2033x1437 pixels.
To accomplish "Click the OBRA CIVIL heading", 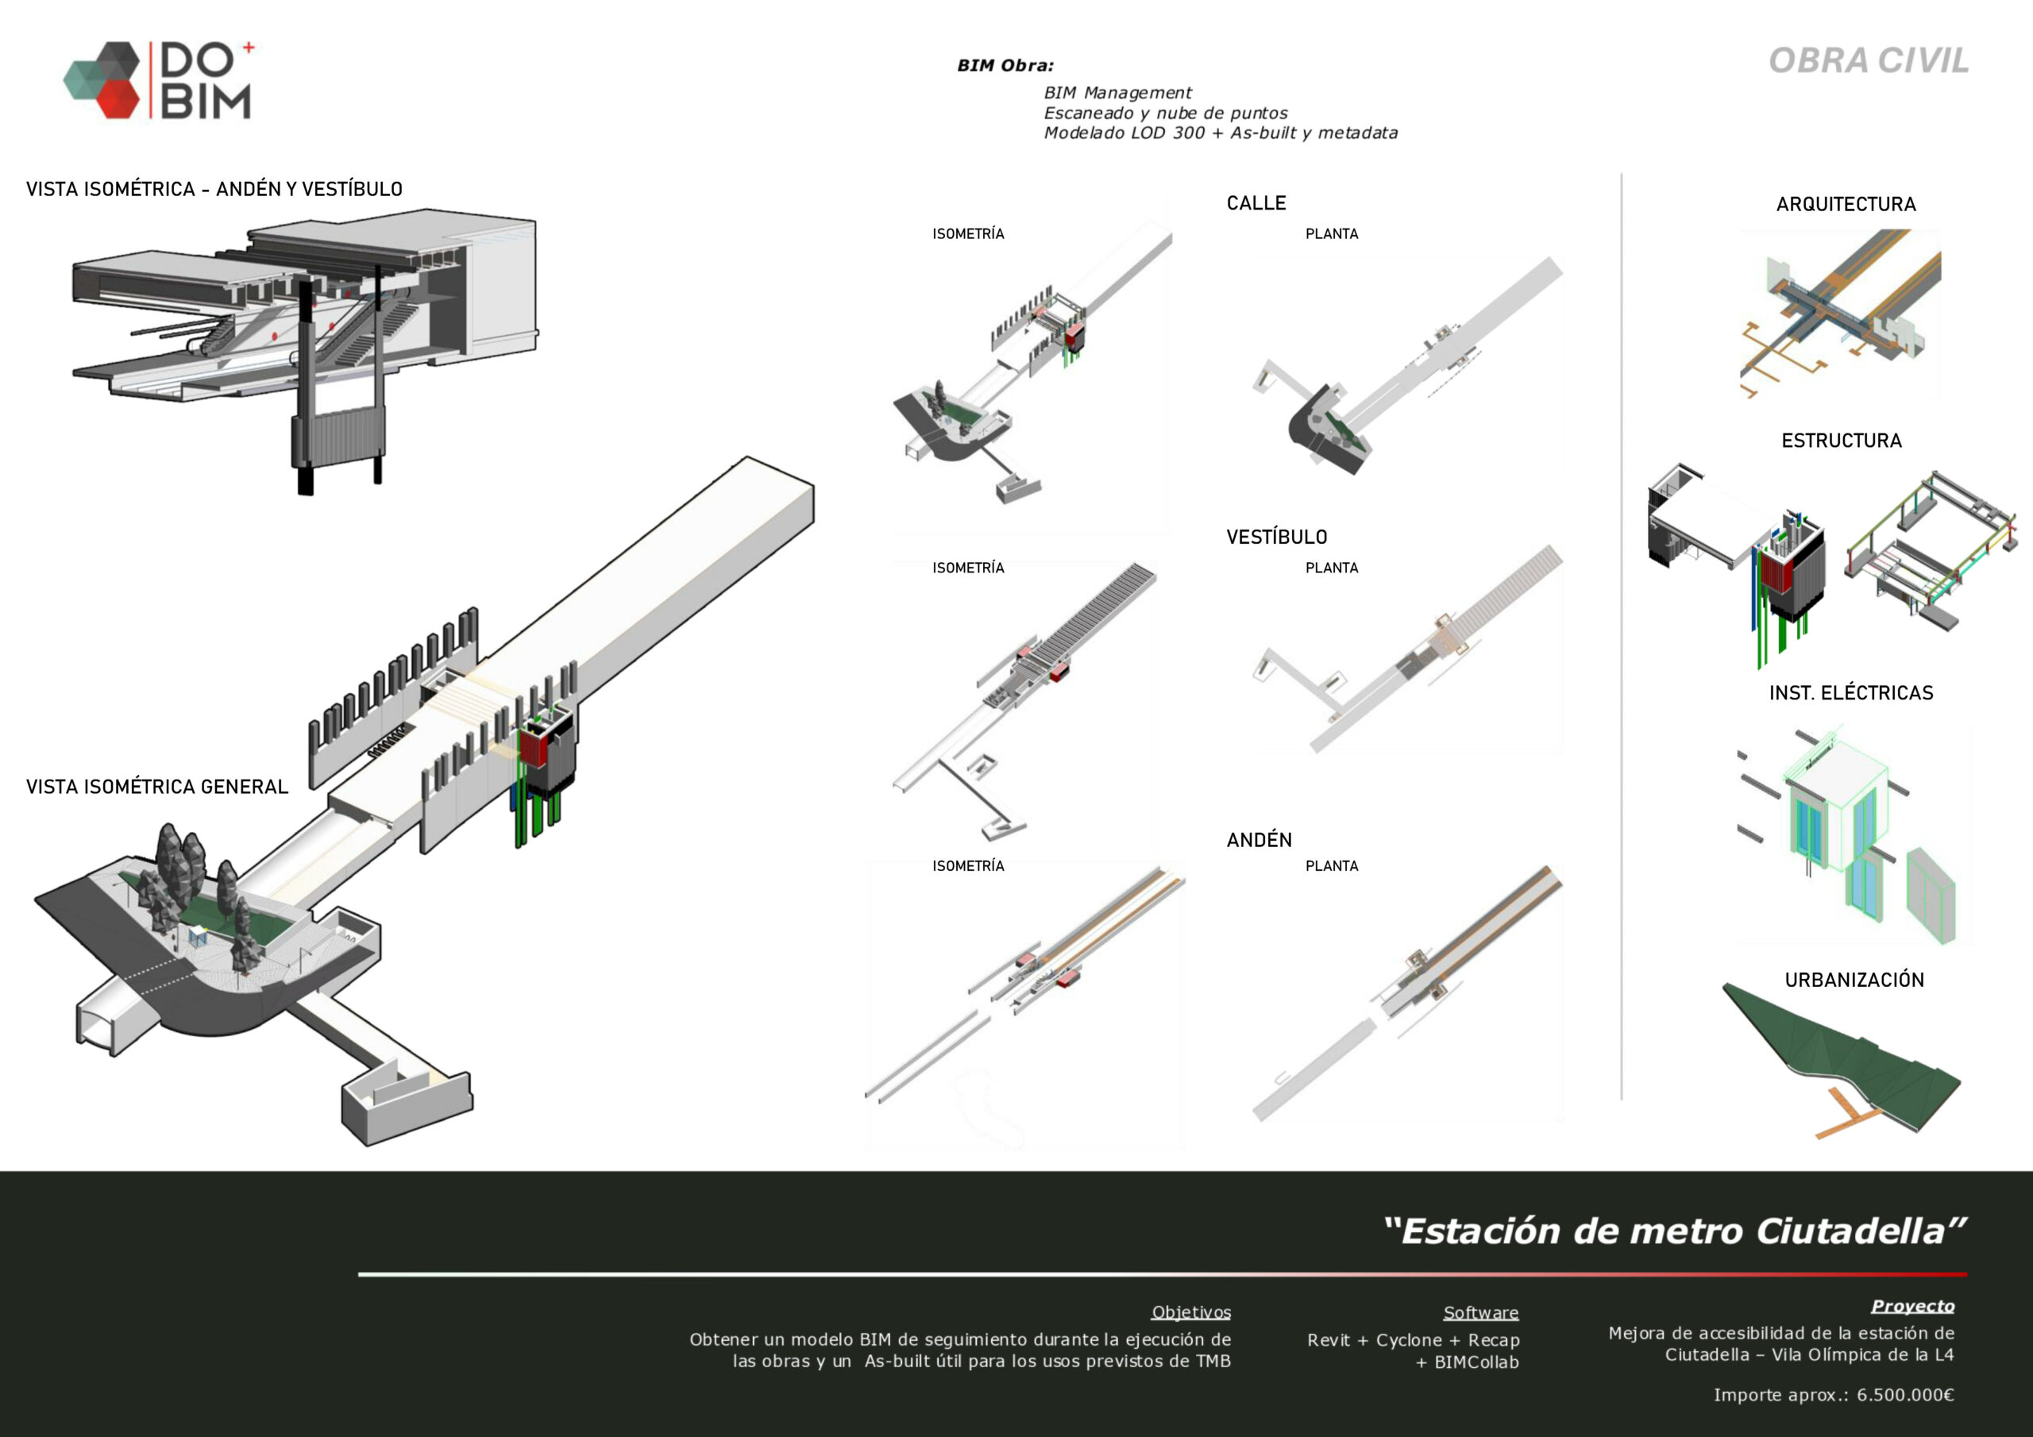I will pyautogui.click(x=1869, y=60).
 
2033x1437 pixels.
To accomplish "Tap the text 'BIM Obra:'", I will pyautogui.click(x=1005, y=66).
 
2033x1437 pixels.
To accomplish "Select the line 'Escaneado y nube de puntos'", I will pyautogui.click(x=1165, y=114).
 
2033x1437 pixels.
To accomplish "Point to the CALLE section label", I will pyautogui.click(x=1256, y=202).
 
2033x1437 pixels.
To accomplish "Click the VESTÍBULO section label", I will pyautogui.click(x=1276, y=537).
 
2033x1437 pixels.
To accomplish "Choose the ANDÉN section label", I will pyautogui.click(x=1258, y=839).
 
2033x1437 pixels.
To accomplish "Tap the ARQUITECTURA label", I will pyautogui.click(x=1846, y=205).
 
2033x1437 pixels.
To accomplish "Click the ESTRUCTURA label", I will pyautogui.click(x=1841, y=440).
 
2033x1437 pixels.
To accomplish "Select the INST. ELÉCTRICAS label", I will pyautogui.click(x=1850, y=692).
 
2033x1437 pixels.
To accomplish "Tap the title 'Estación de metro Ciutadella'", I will pyautogui.click(x=1673, y=1231).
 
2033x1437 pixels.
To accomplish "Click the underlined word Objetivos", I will pyautogui.click(x=1190, y=1312).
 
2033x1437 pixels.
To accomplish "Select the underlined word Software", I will pyautogui.click(x=1480, y=1312).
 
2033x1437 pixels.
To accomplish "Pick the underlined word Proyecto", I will pyautogui.click(x=1911, y=1306).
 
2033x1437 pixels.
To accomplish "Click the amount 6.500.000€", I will pyautogui.click(x=1904, y=1394).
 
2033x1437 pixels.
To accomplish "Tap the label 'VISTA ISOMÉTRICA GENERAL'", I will pyautogui.click(x=156, y=786).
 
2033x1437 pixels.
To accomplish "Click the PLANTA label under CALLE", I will pyautogui.click(x=1331, y=233).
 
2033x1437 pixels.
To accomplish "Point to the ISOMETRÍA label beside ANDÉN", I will pyautogui.click(x=968, y=866).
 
